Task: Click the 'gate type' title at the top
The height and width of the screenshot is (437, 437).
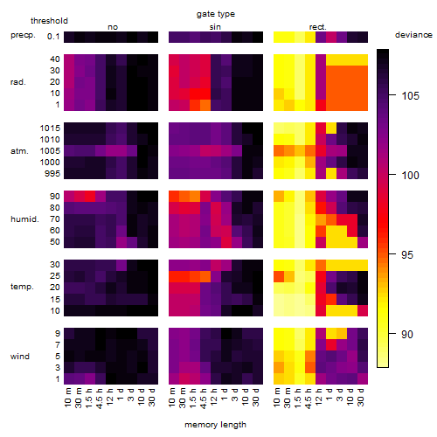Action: tap(216, 14)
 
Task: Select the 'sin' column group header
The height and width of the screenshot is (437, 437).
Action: tap(215, 27)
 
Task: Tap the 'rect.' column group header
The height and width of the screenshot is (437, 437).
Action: tap(318, 27)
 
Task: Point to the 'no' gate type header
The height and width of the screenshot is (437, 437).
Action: tap(113, 27)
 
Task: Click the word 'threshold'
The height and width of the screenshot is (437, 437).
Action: tap(49, 21)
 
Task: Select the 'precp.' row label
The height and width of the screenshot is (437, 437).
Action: tap(23, 35)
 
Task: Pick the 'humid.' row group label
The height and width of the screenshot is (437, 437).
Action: tap(24, 218)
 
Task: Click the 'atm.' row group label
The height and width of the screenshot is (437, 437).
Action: tap(19, 151)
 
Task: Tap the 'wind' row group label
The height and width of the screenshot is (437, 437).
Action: tap(20, 356)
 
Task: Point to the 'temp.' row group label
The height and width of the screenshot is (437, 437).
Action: tap(22, 287)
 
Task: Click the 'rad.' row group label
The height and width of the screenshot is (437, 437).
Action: tap(18, 82)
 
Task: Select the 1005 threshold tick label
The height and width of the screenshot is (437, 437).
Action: tap(50, 151)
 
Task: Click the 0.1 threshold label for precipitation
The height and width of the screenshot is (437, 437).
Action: tap(53, 37)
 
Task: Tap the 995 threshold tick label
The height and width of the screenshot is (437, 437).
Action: tap(52, 174)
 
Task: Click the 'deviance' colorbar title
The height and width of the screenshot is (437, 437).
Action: tap(413, 35)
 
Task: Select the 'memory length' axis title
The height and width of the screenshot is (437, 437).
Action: tap(216, 425)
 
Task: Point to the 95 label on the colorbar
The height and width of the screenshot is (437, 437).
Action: tap(407, 255)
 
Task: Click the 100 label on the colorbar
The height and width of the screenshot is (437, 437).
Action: tap(411, 175)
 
